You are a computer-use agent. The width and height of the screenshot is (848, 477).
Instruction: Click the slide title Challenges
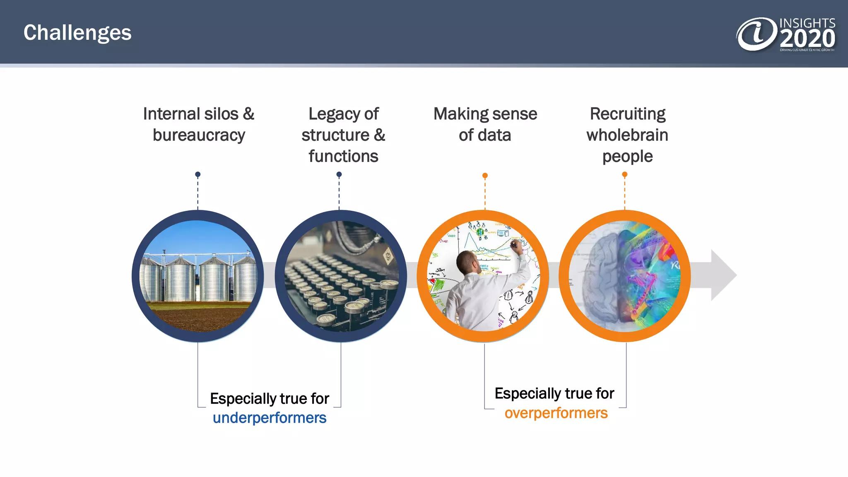click(77, 33)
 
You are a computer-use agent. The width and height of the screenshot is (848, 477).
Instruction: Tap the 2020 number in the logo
click(807, 39)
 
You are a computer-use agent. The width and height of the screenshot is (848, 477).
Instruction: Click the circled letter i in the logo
click(756, 34)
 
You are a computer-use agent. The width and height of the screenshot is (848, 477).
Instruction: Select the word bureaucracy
click(199, 135)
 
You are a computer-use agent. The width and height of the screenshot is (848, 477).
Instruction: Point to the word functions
click(343, 157)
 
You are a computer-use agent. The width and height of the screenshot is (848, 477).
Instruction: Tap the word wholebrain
click(627, 135)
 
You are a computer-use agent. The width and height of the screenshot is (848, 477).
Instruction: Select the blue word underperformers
click(270, 418)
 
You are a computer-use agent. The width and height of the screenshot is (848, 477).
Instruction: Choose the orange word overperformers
click(556, 413)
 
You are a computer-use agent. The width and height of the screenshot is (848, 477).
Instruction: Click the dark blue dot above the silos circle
click(198, 174)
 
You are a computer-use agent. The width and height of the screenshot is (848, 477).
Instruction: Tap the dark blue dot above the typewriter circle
click(339, 174)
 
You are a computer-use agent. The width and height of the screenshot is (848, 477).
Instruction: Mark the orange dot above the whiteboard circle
click(485, 176)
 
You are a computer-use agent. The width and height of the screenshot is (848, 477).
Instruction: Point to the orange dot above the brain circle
click(625, 174)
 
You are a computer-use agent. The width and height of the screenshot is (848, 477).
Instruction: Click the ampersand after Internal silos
click(248, 114)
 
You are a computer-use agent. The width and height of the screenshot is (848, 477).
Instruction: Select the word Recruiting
click(627, 114)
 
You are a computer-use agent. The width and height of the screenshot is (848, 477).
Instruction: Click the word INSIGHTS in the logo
click(807, 23)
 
